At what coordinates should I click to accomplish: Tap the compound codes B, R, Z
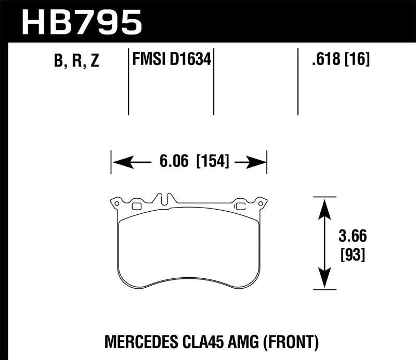click(x=76, y=61)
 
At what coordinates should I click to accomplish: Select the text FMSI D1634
click(x=172, y=60)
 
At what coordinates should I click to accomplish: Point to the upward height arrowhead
click(x=324, y=204)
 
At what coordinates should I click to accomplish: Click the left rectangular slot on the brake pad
click(x=137, y=206)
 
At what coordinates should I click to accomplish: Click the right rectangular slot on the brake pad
click(x=240, y=206)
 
